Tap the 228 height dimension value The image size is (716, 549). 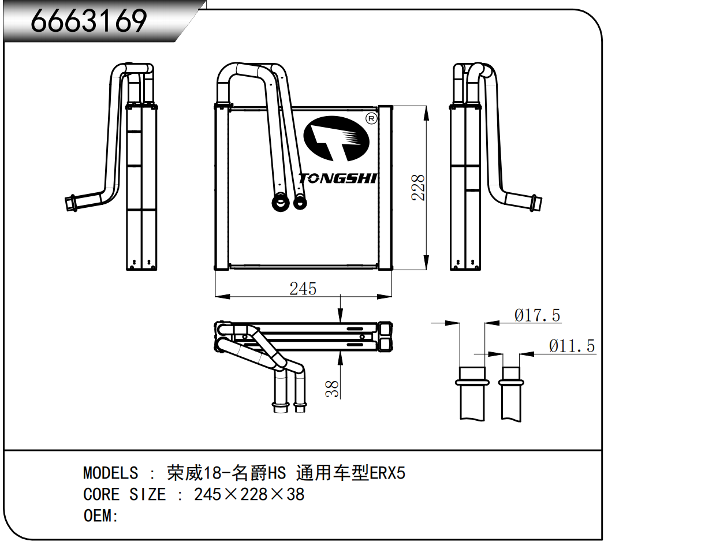[418, 188]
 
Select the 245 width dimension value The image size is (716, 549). [303, 289]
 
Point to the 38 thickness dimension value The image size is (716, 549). [332, 389]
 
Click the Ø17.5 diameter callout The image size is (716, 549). [537, 316]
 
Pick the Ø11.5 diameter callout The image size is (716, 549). [572, 346]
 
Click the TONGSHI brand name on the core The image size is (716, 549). [337, 178]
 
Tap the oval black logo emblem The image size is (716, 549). [336, 139]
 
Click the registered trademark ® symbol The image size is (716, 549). [372, 118]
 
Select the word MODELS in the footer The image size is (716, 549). [111, 473]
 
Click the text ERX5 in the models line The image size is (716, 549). [387, 473]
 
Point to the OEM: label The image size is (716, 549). [100, 516]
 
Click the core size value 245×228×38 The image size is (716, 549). [249, 494]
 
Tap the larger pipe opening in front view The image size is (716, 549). [281, 203]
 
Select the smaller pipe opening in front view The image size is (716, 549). [300, 203]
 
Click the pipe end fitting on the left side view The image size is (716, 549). [70, 203]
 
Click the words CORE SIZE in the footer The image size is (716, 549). [125, 494]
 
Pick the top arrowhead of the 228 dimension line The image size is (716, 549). [426, 113]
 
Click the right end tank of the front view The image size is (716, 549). [385, 188]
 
